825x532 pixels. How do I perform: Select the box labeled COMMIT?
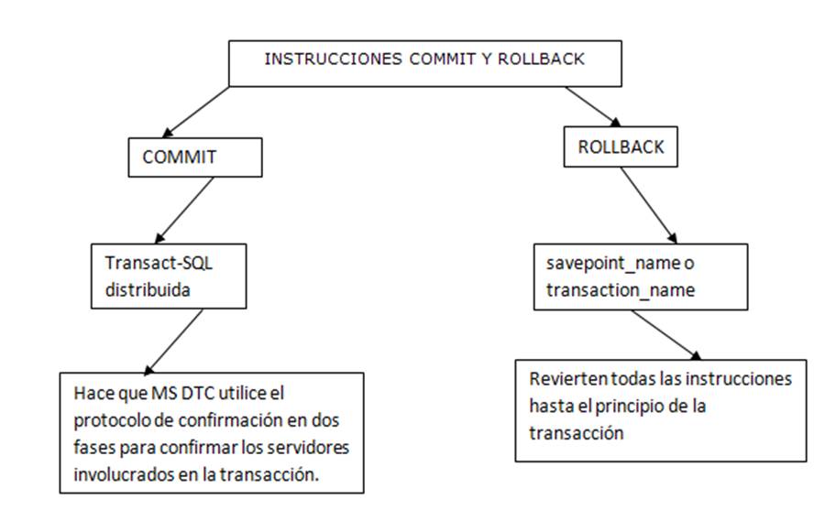coord(195,157)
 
